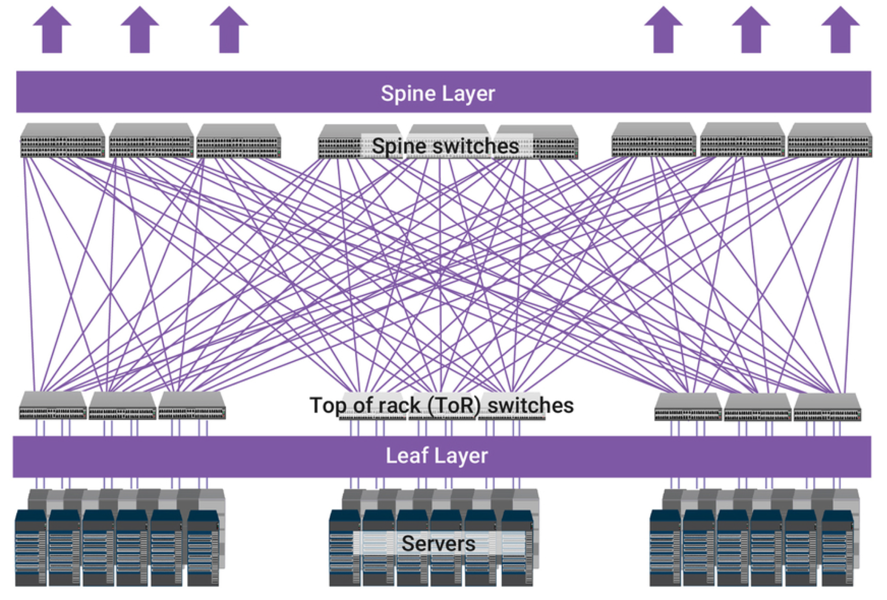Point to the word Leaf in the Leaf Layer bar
402,456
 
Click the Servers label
438,543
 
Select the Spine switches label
445,146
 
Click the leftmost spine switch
62,140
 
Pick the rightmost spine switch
830,140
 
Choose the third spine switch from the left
238,141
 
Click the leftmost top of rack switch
53,405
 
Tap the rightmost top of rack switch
827,407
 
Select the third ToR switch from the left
192,405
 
